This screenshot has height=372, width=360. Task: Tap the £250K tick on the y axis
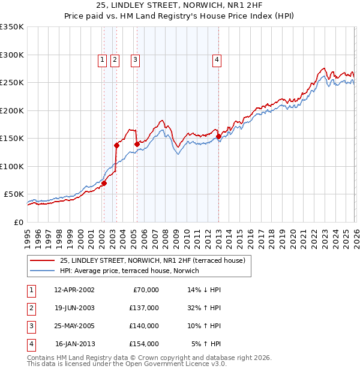(12, 83)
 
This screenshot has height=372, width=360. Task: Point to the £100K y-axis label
(12, 166)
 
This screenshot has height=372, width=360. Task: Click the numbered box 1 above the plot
(103, 59)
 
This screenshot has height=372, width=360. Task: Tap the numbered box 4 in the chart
(217, 59)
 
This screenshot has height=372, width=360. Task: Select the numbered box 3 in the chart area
(136, 59)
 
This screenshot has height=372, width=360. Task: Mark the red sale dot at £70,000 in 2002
(104, 183)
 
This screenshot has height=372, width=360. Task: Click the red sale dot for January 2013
(218, 136)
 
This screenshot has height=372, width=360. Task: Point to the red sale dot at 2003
(116, 145)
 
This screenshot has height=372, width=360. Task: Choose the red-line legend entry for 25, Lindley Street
(152, 261)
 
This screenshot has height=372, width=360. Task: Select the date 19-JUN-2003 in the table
(74, 307)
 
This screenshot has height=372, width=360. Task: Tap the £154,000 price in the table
(143, 344)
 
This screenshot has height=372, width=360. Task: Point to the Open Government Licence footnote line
(127, 364)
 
